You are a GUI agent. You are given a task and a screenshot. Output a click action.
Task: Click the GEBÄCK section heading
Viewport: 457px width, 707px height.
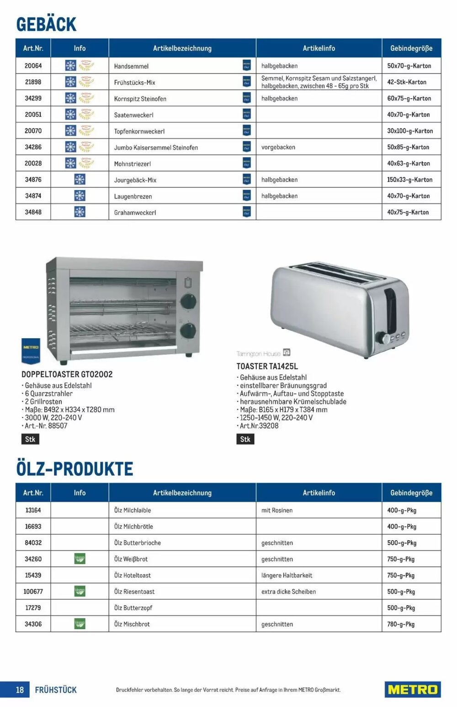[46, 24]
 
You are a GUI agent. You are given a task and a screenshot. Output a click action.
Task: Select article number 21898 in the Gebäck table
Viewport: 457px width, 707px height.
[33, 82]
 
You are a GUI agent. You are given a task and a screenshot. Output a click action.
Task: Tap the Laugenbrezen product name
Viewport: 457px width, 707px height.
[133, 196]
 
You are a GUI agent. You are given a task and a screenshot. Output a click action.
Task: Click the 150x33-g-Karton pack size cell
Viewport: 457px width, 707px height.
[409, 180]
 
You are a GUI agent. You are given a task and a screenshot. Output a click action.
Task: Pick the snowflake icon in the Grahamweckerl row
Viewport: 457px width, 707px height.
[80, 212]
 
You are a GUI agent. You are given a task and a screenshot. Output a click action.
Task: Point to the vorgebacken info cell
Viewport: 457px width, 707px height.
[278, 147]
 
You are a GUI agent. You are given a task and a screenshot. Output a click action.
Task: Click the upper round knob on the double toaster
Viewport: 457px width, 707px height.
[188, 301]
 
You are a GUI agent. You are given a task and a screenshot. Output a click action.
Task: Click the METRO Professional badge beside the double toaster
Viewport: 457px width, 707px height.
[31, 351]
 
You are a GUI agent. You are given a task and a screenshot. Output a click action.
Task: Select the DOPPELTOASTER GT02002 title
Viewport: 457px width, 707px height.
[67, 374]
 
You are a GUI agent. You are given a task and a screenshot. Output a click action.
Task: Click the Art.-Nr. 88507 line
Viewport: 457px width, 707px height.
[46, 426]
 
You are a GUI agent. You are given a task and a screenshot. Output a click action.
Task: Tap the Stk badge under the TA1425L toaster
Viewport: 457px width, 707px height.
[245, 439]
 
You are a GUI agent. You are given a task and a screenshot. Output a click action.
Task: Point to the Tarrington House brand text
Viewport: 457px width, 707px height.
[259, 354]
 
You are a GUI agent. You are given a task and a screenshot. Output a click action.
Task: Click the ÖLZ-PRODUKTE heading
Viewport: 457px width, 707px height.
[74, 469]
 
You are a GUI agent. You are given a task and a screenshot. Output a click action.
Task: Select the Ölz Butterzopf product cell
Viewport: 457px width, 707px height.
[133, 608]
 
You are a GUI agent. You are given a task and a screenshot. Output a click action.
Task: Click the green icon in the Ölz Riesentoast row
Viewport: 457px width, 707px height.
[80, 591]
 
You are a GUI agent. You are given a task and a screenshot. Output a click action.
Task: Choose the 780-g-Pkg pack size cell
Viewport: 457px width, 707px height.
[401, 624]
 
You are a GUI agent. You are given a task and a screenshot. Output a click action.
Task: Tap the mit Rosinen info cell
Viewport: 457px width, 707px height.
[277, 510]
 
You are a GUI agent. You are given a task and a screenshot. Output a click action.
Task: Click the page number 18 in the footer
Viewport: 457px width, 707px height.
[20, 690]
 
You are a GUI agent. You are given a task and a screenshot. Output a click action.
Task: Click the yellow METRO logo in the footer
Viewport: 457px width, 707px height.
[412, 689]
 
